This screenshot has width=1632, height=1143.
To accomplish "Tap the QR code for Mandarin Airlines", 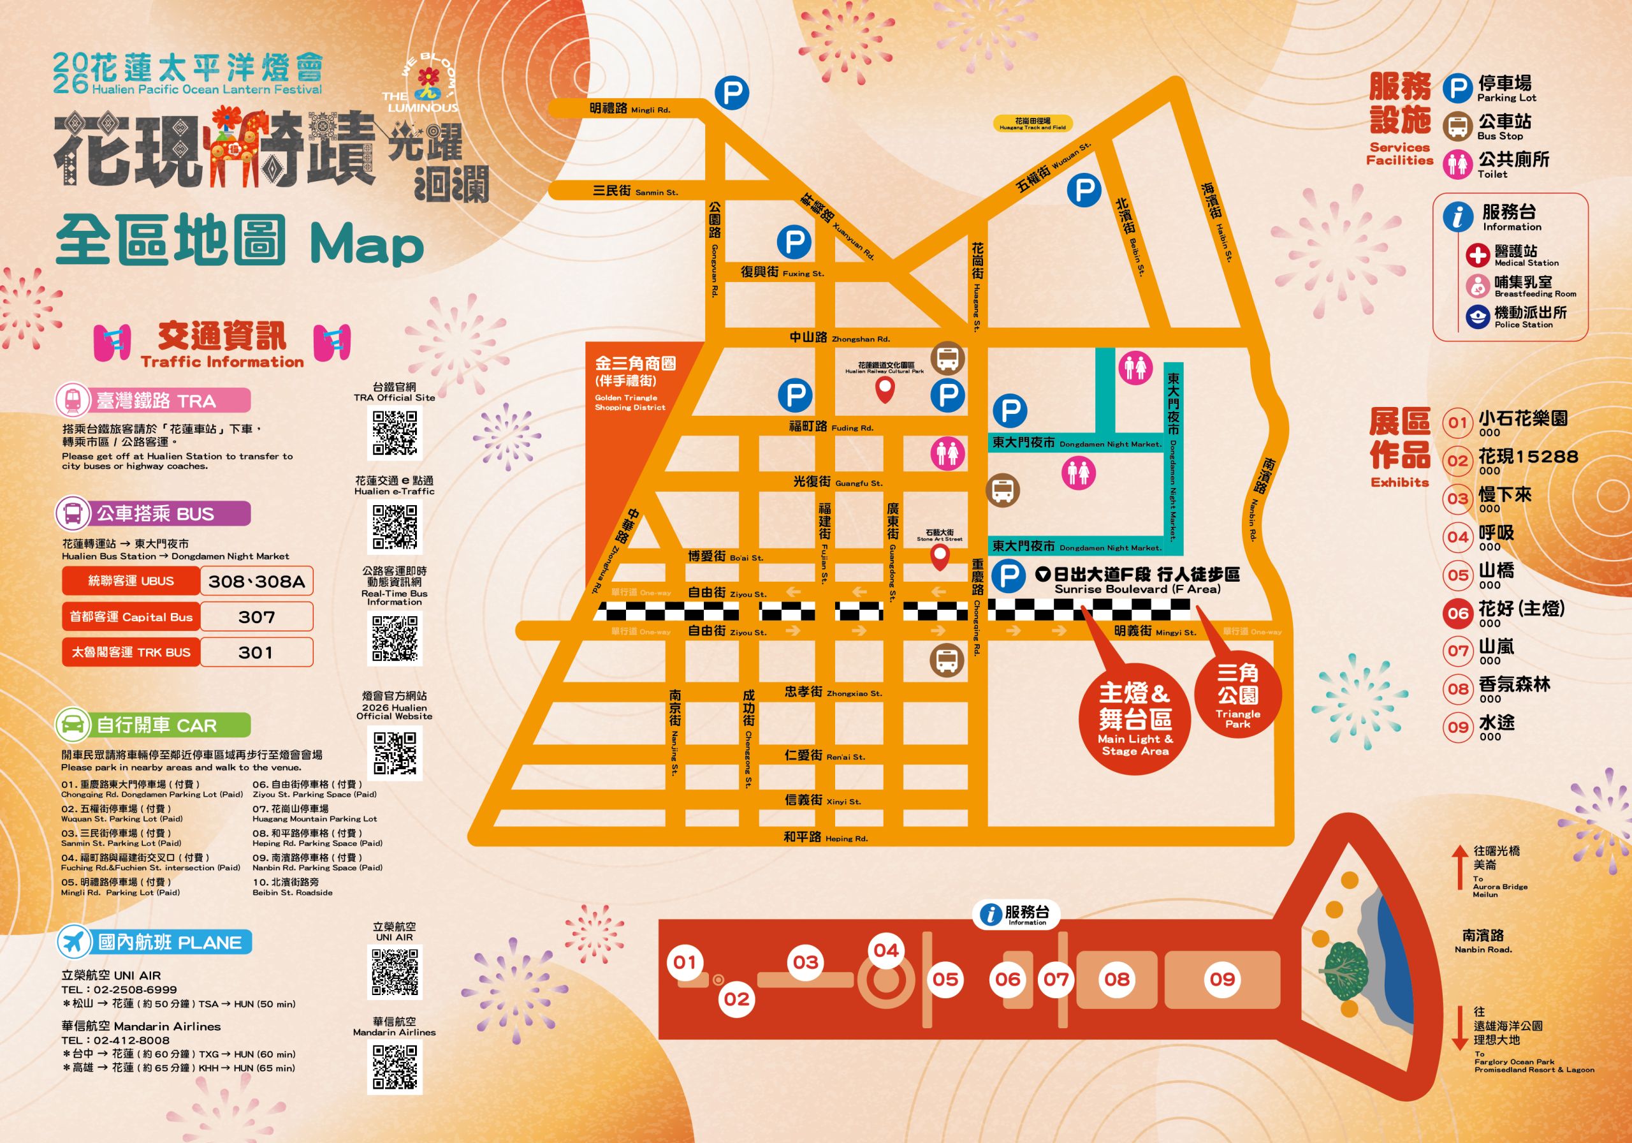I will pyautogui.click(x=395, y=1067).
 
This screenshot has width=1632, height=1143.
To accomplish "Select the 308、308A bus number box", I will pyautogui.click(x=257, y=581).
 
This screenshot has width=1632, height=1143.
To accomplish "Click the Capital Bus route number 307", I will pyautogui.click(x=257, y=617).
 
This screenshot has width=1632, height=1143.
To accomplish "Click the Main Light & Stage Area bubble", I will pyautogui.click(x=1135, y=718).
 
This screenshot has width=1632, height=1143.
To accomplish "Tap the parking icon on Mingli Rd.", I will pyautogui.click(x=731, y=92).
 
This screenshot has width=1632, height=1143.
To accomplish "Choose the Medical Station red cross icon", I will pyautogui.click(x=1477, y=254).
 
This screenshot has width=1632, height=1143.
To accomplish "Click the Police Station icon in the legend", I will pyautogui.click(x=1477, y=316).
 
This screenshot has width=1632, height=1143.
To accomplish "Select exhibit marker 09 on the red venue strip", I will pyautogui.click(x=1223, y=980).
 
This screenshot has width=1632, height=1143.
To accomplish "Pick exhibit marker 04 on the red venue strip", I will pyautogui.click(x=885, y=950).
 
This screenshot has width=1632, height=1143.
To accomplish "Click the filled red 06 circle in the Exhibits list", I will pyautogui.click(x=1458, y=614).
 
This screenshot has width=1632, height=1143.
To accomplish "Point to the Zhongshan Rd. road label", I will pyautogui.click(x=839, y=338).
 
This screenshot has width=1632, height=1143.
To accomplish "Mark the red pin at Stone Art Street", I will pyautogui.click(x=940, y=557).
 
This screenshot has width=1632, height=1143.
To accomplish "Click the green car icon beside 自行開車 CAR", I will pyautogui.click(x=73, y=725).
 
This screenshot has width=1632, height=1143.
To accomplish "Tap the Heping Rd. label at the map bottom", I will pyautogui.click(x=825, y=837).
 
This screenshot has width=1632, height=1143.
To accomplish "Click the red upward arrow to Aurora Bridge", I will pyautogui.click(x=1459, y=867).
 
